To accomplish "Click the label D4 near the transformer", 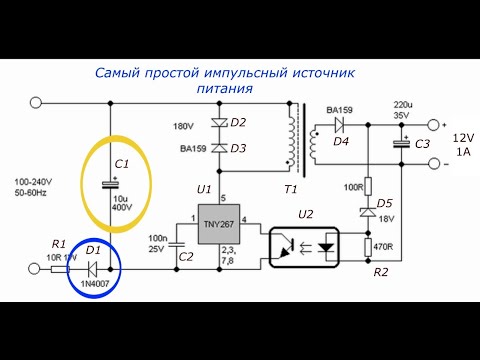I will click(x=341, y=142).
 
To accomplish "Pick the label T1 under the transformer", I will click(x=291, y=189).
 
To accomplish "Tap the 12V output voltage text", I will click(x=463, y=138).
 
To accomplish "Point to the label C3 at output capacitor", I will click(x=423, y=145).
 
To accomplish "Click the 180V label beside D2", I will click(x=183, y=127).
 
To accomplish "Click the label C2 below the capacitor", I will click(x=186, y=257).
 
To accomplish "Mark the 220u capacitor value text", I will click(x=403, y=104).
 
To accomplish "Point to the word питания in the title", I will click(x=225, y=89).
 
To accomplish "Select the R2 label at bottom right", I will click(x=380, y=271).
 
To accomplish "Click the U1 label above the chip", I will click(x=205, y=189).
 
